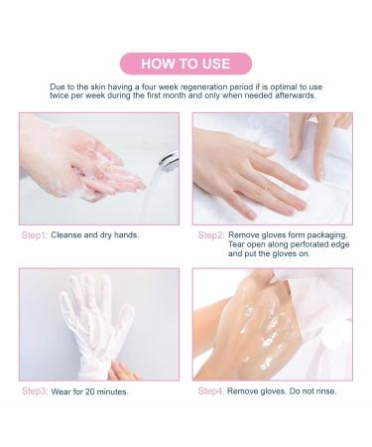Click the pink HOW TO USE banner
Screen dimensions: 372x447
click(186, 64)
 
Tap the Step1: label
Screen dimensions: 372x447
click(35, 235)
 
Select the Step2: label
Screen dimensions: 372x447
click(211, 235)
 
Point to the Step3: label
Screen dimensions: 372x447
click(35, 391)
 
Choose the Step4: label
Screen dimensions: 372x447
click(211, 391)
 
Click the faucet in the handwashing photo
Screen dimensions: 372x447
click(169, 161)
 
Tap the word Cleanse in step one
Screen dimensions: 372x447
click(66, 235)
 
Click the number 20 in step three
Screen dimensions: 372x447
click(90, 391)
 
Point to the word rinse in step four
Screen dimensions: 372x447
click(325, 391)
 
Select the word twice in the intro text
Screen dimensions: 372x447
click(60, 95)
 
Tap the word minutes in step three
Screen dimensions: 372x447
click(112, 391)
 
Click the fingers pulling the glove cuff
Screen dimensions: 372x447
click(123, 372)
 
